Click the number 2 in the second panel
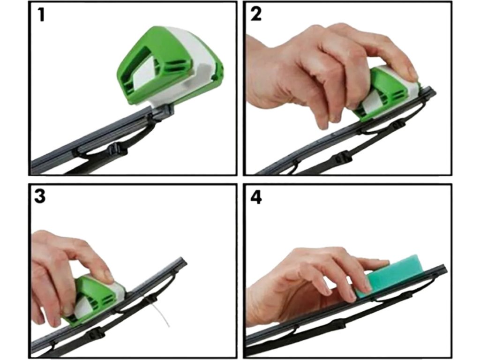pos(256,14)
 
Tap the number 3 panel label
pos(40,196)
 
